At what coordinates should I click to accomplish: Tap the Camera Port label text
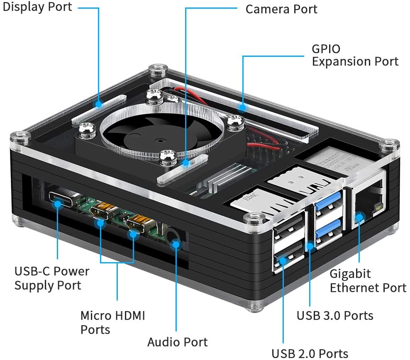click(281, 9)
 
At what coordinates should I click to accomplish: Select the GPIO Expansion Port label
click(355, 55)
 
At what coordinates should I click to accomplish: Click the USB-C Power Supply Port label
click(52, 278)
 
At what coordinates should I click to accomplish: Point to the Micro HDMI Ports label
click(112, 322)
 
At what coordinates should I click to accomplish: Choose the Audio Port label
click(177, 342)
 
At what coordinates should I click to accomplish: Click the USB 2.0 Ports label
click(310, 353)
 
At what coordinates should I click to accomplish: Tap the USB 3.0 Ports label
click(334, 315)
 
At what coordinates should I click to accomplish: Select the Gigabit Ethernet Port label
click(368, 281)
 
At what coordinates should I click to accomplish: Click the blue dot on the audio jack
click(176, 244)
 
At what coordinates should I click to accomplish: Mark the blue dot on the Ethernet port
click(359, 216)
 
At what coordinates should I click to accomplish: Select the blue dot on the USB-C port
click(57, 203)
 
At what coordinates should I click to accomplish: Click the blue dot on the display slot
click(99, 104)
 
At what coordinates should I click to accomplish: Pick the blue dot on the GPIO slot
click(242, 107)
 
